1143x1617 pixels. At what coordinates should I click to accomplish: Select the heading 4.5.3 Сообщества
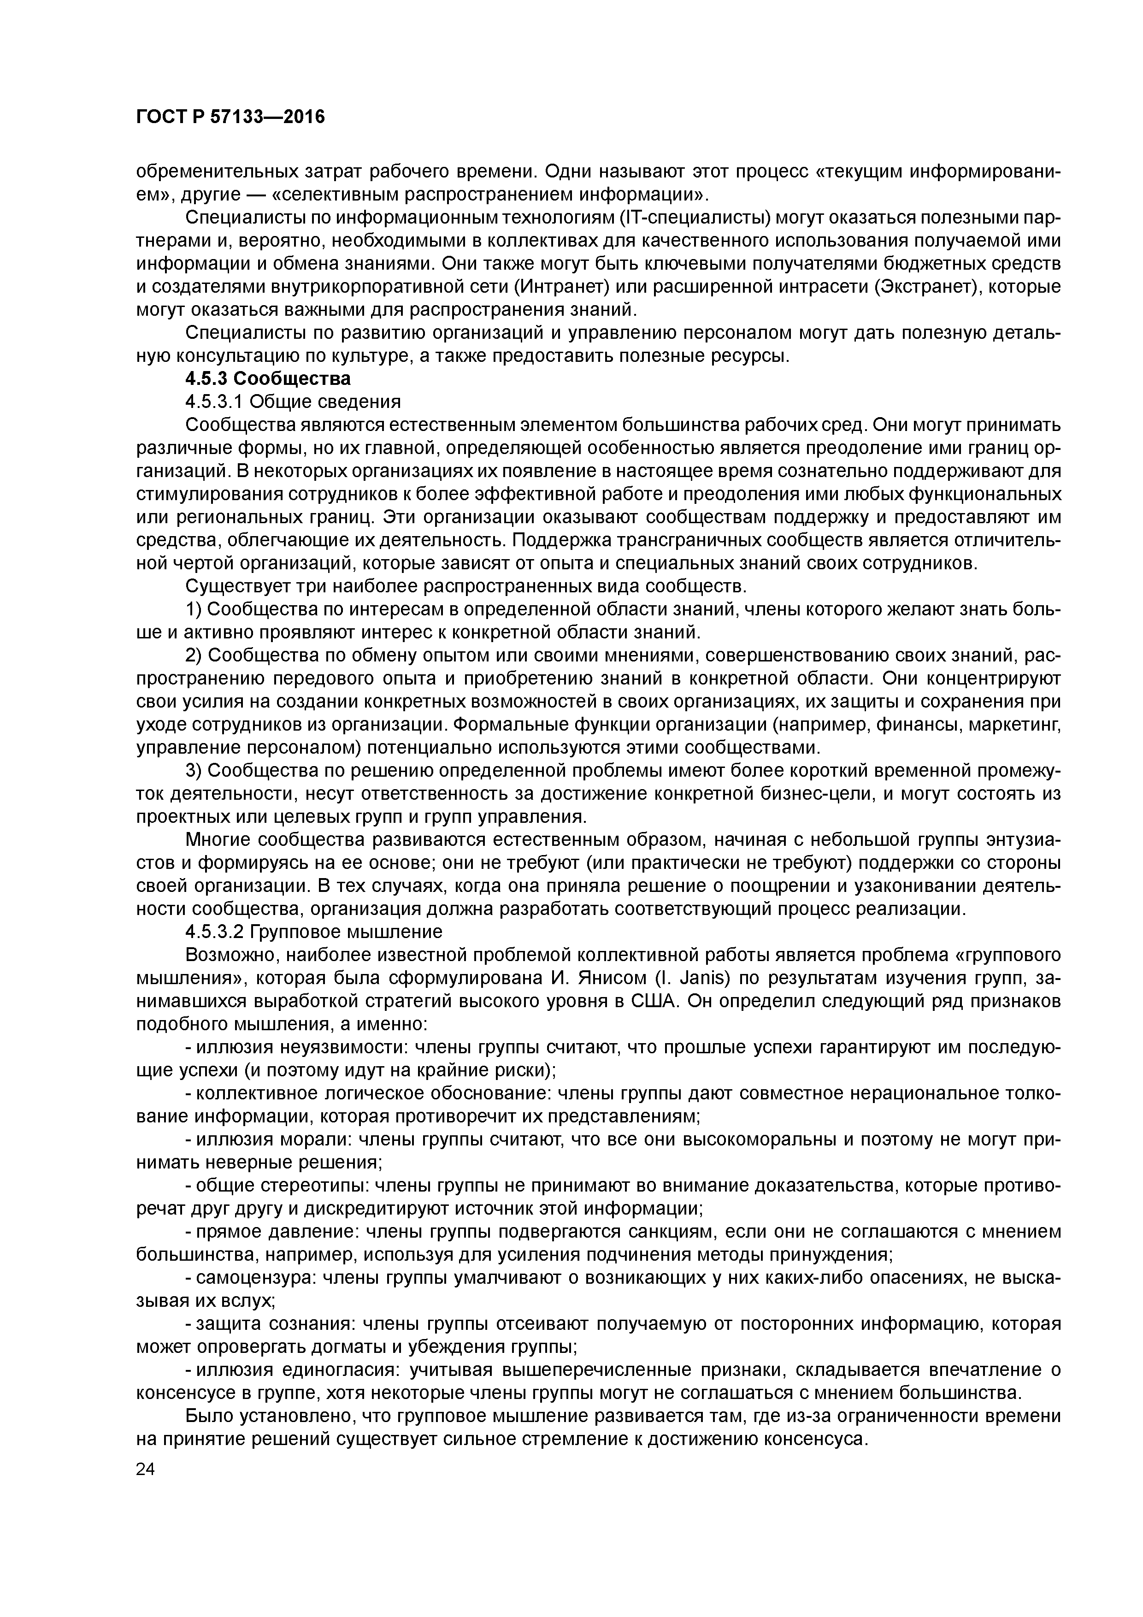268,379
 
